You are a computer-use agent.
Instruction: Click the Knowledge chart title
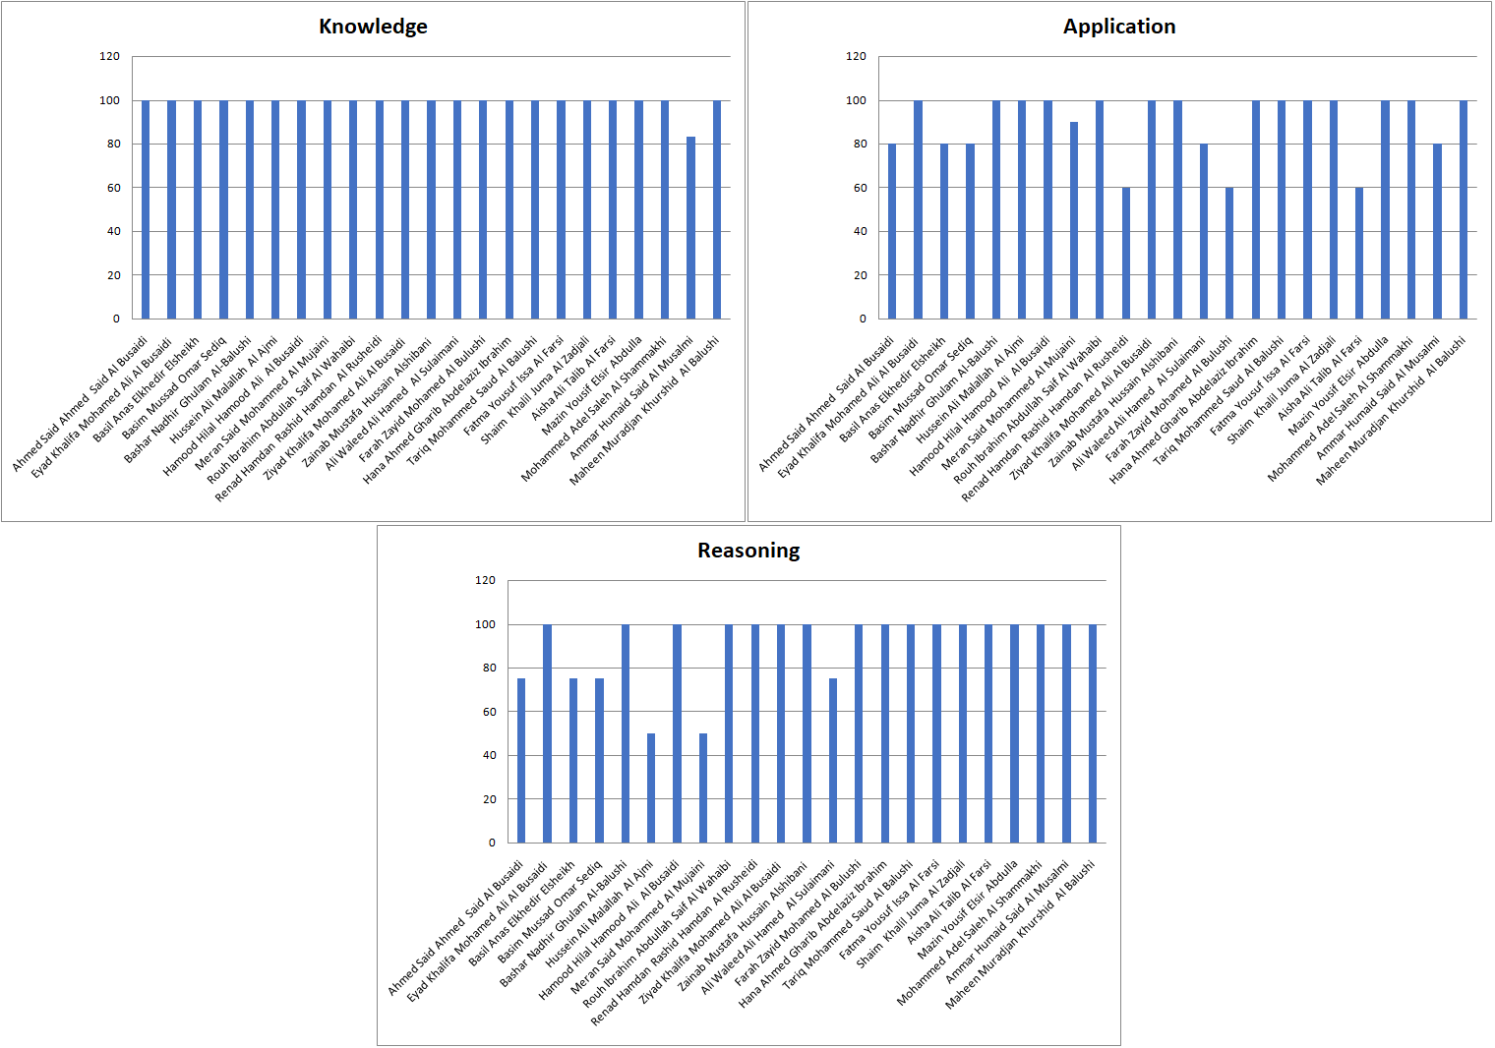coord(373,27)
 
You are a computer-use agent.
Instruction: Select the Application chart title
coord(1119,27)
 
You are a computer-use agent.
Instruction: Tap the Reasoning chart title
coord(748,551)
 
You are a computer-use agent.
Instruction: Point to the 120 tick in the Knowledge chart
coord(109,57)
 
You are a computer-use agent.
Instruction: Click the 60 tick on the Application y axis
coord(861,188)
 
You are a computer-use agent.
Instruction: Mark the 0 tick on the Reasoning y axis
coord(492,843)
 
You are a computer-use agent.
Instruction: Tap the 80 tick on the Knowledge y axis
coord(114,144)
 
